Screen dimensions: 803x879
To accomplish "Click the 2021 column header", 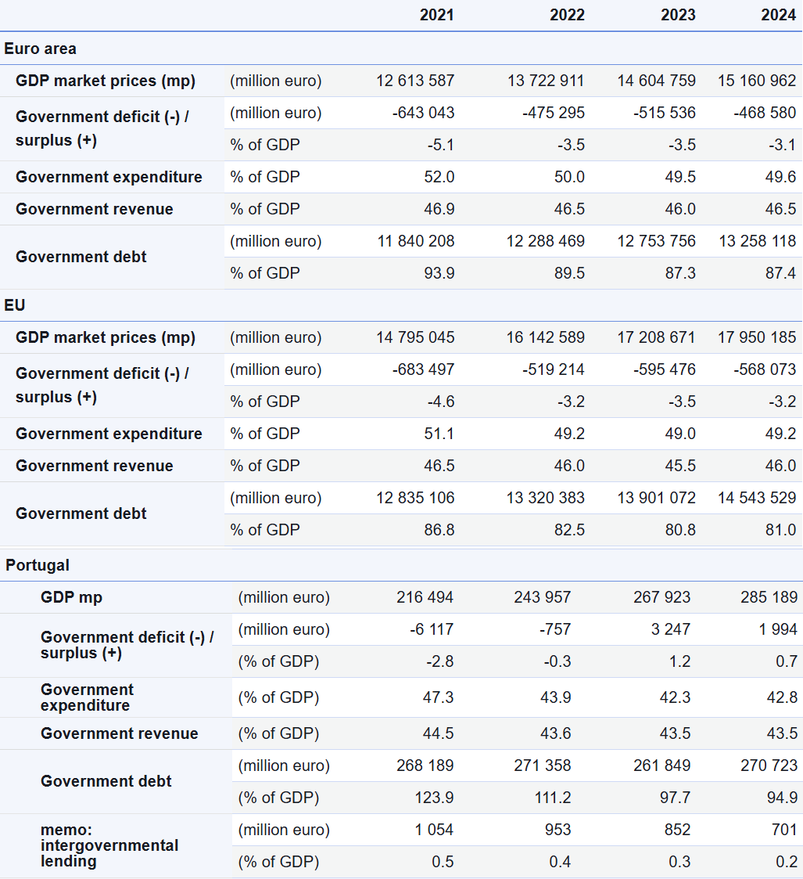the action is point(436,15).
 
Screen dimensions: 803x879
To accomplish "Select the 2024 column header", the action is point(778,15).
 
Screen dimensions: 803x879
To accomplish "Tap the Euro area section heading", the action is point(41,49).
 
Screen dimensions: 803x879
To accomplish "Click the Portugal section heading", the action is point(38,565).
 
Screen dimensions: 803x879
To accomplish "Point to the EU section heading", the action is point(15,305).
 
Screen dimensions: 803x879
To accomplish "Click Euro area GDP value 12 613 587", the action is point(415,81).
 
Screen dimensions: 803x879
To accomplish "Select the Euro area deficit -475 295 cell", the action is point(554,113).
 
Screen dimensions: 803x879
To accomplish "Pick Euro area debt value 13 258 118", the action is point(757,241).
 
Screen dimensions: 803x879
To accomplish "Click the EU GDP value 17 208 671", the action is point(656,337).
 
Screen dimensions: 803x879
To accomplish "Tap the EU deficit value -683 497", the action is point(423,369).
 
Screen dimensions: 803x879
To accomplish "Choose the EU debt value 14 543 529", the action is point(757,498).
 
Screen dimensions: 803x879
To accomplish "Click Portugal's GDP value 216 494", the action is point(425,597).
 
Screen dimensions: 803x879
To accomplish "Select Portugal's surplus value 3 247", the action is point(670,629).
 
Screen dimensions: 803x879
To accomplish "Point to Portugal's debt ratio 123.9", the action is point(434,797).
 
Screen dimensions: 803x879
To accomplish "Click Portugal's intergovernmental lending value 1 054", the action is point(434,830).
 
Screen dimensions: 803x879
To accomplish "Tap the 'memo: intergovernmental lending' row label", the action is point(109,845).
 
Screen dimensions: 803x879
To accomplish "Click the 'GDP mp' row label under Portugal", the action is point(72,597).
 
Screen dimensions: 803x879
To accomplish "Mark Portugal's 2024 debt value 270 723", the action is point(769,766).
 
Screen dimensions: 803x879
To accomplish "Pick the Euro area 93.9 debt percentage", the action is point(439,273).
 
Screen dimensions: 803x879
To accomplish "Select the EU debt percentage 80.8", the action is point(679,530).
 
